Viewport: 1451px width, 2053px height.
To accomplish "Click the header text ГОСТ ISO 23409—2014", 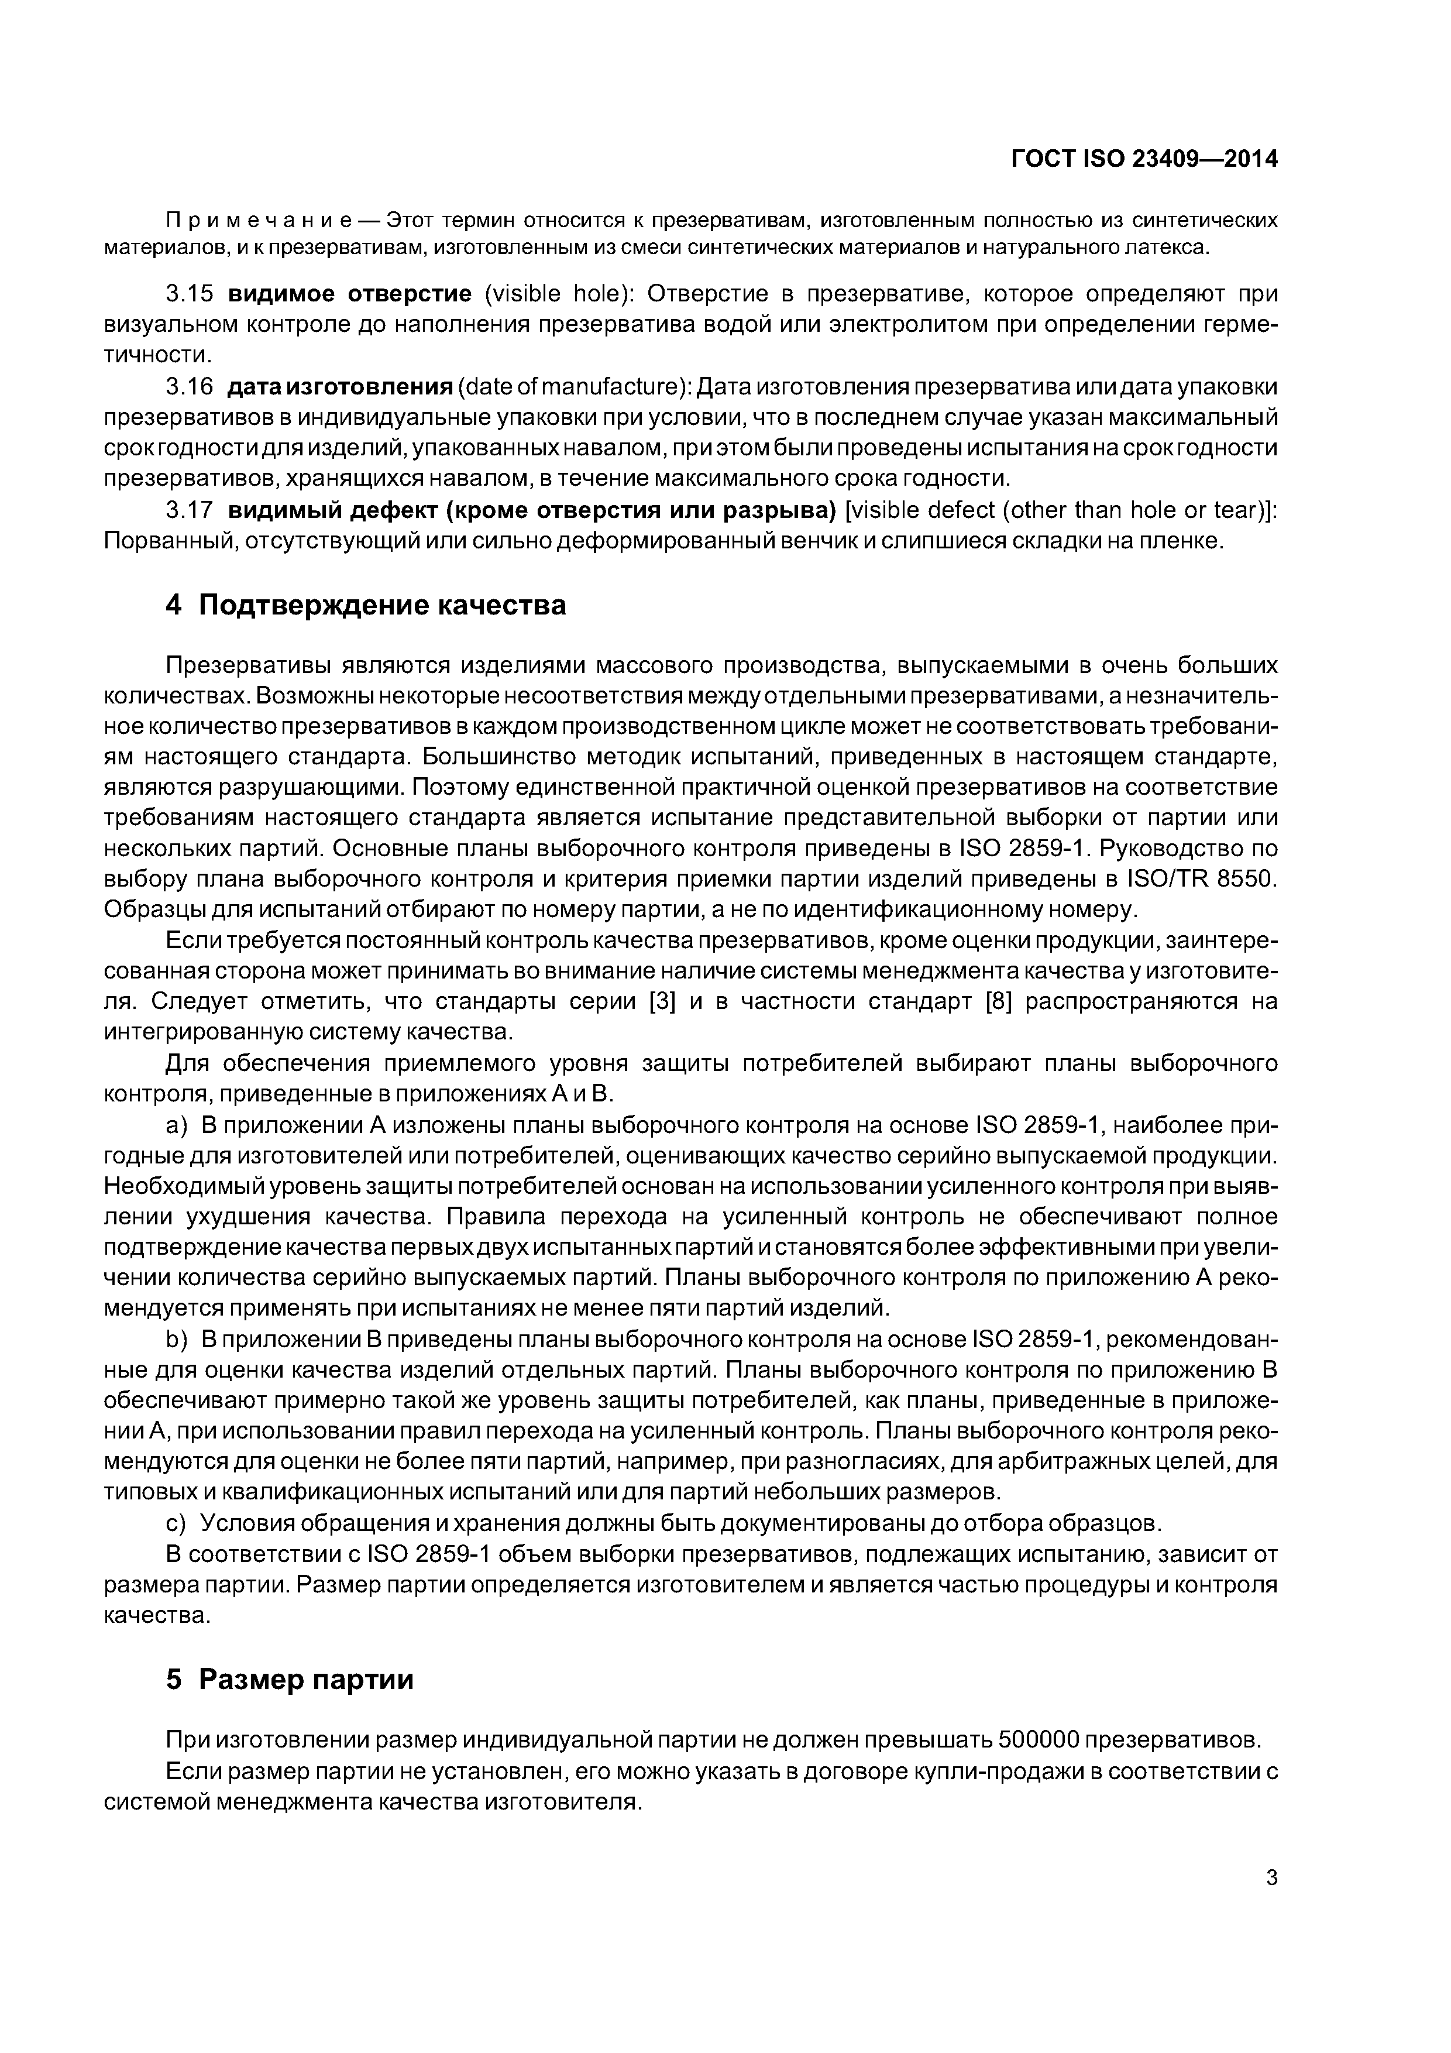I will (1143, 159).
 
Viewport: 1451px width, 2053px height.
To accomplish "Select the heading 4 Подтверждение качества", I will (366, 605).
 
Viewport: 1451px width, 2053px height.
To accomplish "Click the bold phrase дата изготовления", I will (340, 387).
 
